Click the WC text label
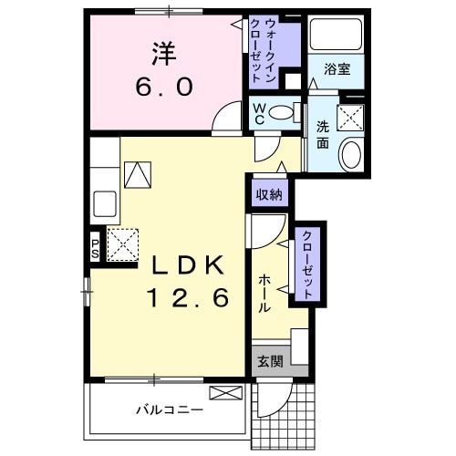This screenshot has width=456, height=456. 259,113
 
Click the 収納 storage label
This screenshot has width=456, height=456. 268,194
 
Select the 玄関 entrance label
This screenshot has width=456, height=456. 269,360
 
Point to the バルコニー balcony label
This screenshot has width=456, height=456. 171,410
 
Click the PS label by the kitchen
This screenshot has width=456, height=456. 95,246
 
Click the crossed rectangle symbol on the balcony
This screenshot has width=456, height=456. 224,393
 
